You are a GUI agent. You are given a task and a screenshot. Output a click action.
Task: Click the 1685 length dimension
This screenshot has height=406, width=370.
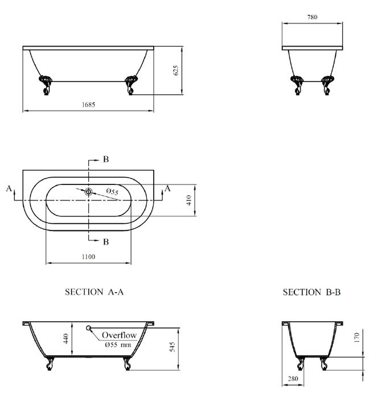coord(88,104)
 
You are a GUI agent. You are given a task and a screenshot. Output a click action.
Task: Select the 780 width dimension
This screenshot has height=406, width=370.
coord(311,17)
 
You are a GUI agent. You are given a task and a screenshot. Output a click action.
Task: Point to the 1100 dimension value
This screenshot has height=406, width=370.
coord(87,257)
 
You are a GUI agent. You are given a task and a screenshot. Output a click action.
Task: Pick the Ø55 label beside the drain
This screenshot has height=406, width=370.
coord(111,194)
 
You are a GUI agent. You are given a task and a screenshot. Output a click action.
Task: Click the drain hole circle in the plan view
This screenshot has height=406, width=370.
coord(88,192)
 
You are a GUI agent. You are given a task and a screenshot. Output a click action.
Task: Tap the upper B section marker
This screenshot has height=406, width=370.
coord(105,159)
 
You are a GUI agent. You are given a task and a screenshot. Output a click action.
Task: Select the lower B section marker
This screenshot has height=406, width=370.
coord(105,241)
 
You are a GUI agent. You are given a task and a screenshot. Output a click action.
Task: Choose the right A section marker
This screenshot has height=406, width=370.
coord(167,188)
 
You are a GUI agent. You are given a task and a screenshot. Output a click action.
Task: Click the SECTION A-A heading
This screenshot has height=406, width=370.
coord(94,292)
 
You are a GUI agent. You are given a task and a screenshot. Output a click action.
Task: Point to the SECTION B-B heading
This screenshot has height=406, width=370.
coord(312,292)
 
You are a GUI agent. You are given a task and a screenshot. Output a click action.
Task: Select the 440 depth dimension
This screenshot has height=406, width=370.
coord(65,340)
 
